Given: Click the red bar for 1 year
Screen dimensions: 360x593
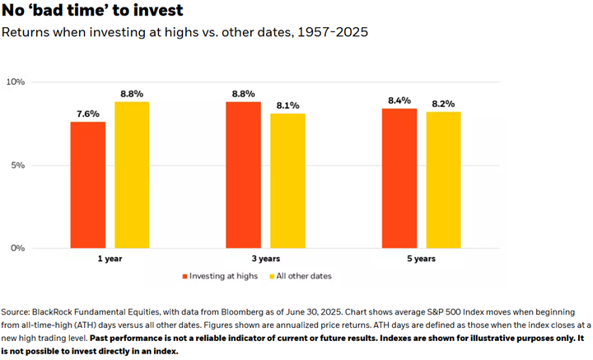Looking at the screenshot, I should coord(87,185).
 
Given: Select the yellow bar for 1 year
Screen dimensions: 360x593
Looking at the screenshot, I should coord(132,175).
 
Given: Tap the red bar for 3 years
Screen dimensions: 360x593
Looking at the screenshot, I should coord(243,175).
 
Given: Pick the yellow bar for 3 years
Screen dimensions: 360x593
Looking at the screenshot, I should coord(287,180).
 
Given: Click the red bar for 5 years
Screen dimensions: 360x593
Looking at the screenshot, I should coord(399,178).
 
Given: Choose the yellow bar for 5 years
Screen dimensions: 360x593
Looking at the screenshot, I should coord(443,180).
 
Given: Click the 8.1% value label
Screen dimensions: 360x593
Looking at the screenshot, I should coord(287,105).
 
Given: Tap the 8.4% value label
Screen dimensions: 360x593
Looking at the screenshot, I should coord(399,101).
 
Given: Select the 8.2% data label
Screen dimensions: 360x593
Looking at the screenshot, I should coord(443,104).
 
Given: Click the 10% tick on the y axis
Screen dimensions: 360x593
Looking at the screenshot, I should coord(16,82).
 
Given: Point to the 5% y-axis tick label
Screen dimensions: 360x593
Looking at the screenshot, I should coord(18,166).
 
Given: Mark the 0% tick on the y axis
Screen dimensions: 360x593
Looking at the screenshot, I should coord(18,248).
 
